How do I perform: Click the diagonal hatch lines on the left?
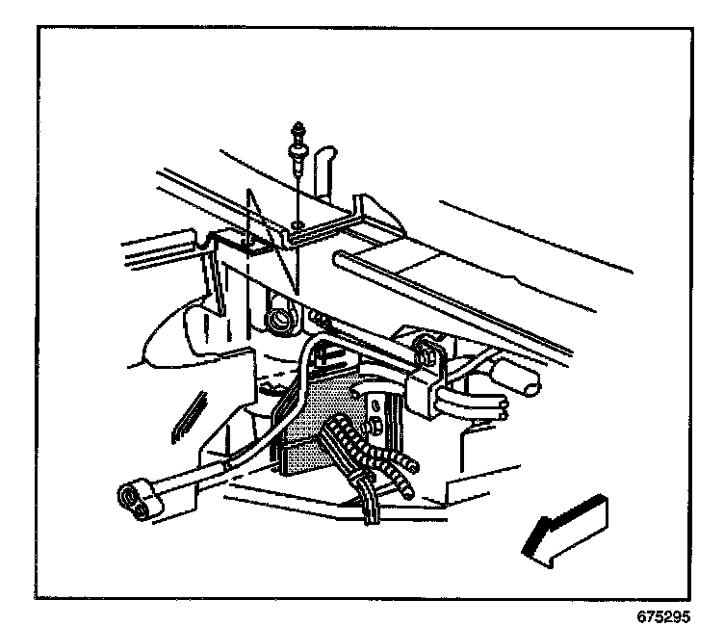tap(187, 413)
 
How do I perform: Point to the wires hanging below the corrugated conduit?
tap(371, 506)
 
